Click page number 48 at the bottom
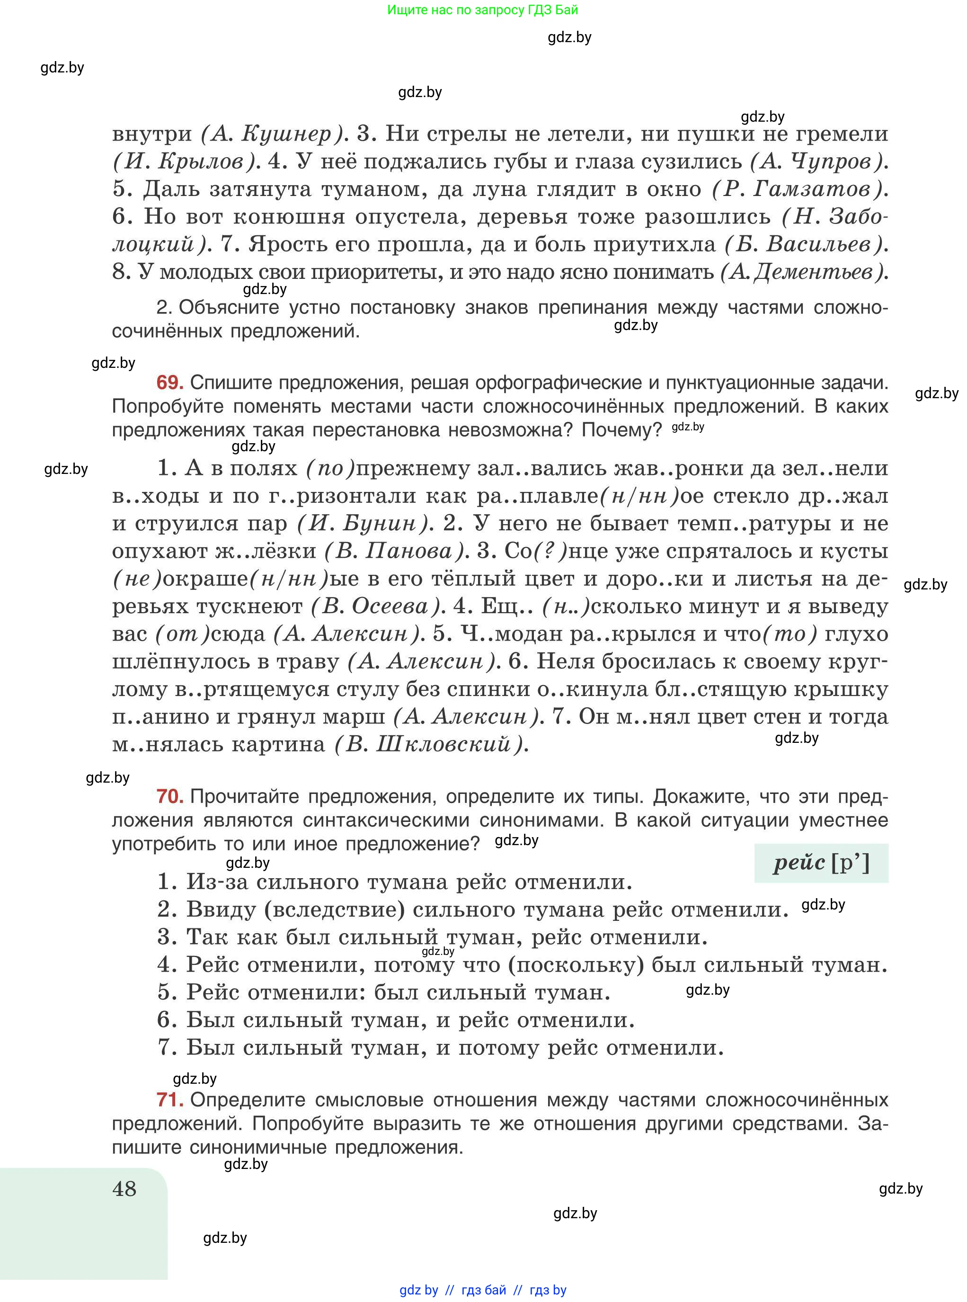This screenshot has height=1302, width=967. (124, 1189)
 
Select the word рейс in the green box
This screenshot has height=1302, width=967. (798, 864)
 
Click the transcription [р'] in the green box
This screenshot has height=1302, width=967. (850, 864)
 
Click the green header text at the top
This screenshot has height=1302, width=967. (482, 10)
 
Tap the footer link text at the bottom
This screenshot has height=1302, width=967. (482, 1290)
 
